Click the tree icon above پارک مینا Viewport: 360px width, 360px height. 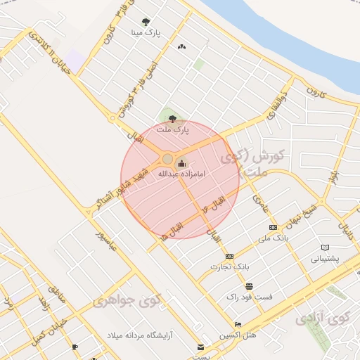(x=146, y=22)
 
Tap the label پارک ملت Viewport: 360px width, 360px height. (x=173, y=130)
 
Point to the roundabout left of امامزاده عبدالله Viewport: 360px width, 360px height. (x=167, y=159)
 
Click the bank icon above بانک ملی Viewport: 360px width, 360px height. (x=273, y=227)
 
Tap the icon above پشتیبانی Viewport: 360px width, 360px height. (x=324, y=247)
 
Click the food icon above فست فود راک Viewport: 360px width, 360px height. (x=249, y=286)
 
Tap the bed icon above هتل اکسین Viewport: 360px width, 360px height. (x=238, y=324)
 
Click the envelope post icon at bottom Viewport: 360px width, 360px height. (x=201, y=347)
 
